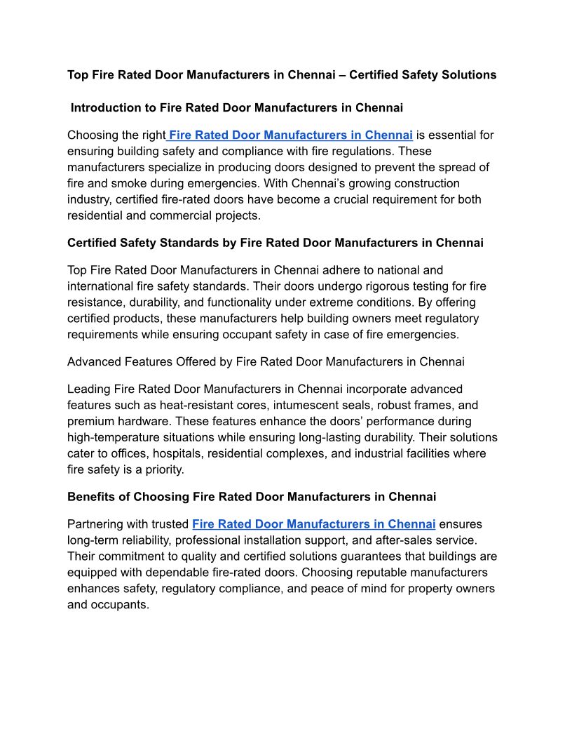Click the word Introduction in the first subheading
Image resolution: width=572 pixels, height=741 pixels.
click(105, 108)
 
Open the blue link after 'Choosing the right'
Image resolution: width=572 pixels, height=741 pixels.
click(290, 135)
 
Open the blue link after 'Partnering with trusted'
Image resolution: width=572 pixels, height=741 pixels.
click(314, 524)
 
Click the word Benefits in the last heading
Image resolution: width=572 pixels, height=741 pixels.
click(91, 497)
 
